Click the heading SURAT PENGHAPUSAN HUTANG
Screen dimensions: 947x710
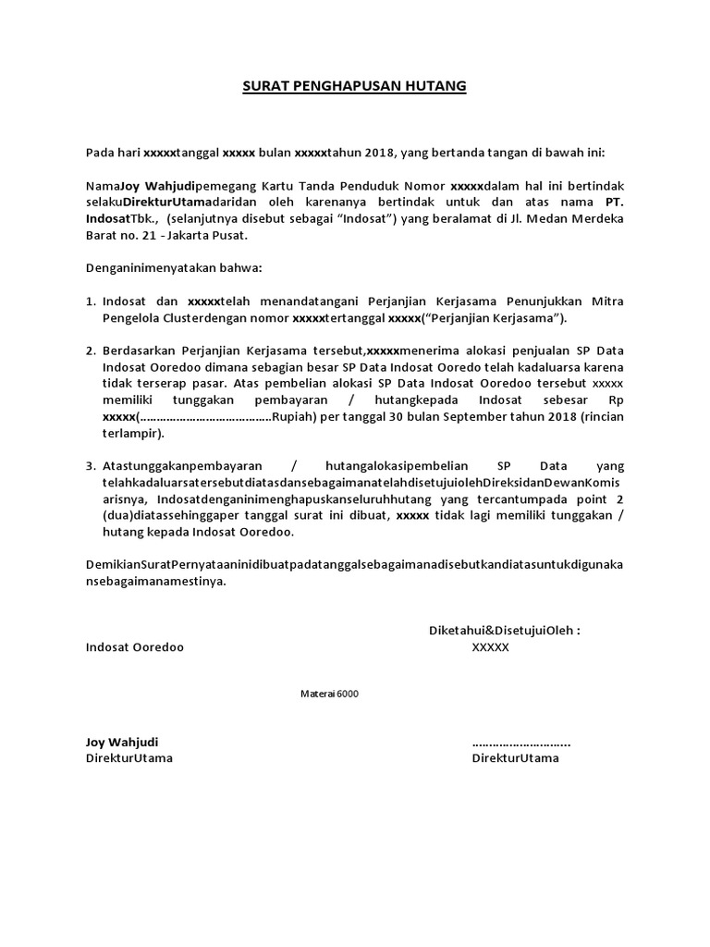coord(355,87)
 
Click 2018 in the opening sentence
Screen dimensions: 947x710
coord(375,153)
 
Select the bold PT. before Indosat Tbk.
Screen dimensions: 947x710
coord(615,202)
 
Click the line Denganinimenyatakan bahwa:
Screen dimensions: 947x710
coord(174,268)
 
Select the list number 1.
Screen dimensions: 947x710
coord(91,301)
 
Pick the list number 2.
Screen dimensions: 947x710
coord(91,351)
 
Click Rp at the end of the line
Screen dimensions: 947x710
coord(616,400)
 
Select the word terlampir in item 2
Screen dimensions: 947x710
coord(131,434)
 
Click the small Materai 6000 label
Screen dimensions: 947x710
coord(330,694)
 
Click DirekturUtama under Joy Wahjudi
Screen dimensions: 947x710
coord(129,758)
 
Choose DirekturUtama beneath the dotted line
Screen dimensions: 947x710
coord(515,758)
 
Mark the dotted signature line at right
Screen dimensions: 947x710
coord(520,743)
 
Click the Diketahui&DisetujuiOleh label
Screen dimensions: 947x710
coord(504,631)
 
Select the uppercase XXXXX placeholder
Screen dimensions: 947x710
coord(490,647)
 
